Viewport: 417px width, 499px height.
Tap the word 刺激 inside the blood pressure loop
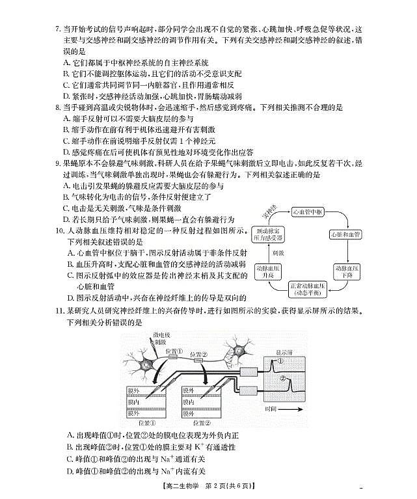point(277,252)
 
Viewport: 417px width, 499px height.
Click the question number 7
point(57,30)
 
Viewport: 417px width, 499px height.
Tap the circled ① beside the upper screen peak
point(280,362)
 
